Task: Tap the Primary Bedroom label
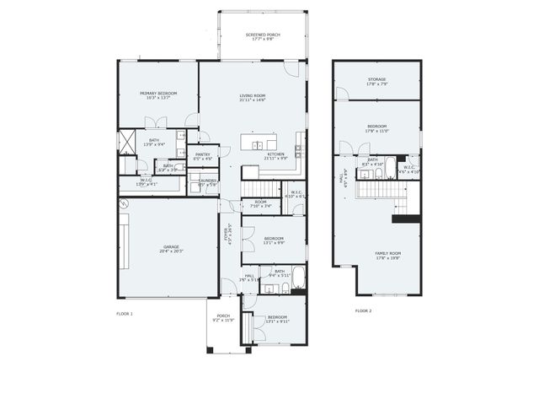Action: point(157,95)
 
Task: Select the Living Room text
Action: point(253,98)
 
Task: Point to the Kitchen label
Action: point(276,156)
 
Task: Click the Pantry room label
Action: point(203,156)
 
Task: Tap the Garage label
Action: point(171,249)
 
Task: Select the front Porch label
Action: point(223,319)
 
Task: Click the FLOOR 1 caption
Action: point(125,313)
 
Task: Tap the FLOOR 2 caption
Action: point(363,310)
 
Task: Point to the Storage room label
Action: point(376,81)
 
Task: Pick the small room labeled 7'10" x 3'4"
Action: point(261,204)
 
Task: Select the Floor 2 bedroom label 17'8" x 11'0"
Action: point(376,129)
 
